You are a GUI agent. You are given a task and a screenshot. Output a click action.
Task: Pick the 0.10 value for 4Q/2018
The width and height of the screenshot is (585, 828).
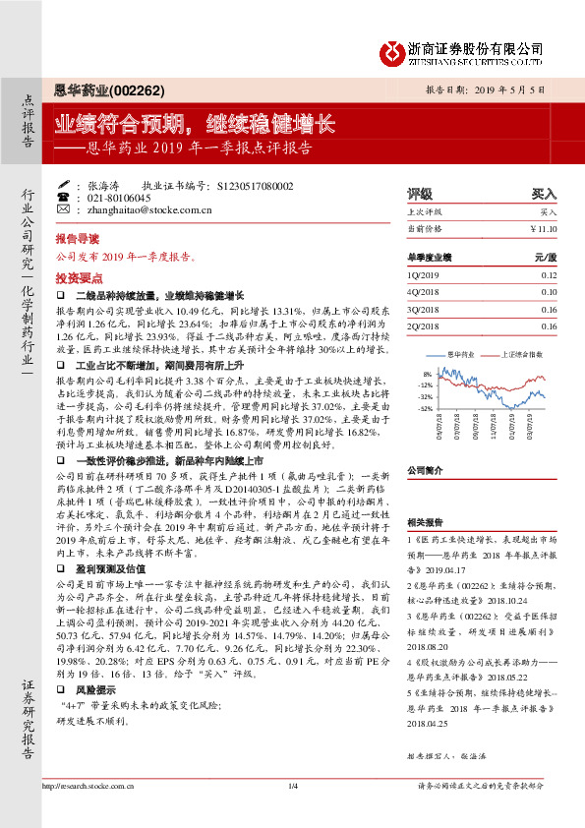(549, 292)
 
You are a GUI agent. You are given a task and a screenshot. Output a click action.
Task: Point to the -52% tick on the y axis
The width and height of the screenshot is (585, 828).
(425, 407)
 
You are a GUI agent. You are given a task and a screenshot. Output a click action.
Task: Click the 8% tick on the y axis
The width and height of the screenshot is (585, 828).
(427, 375)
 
